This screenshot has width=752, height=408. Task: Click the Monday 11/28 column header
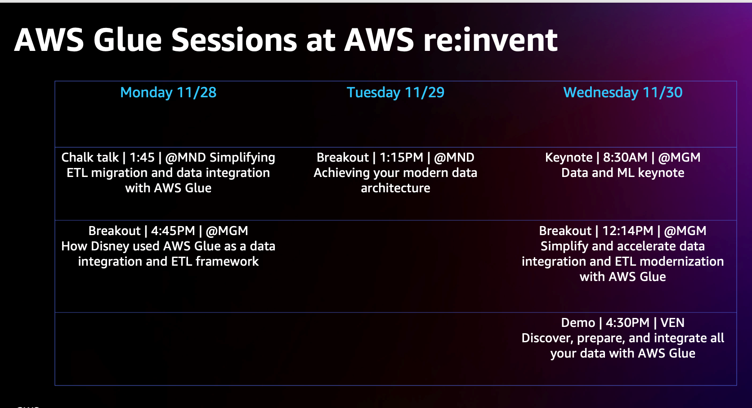tap(168, 92)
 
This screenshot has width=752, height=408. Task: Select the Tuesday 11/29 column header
tap(395, 92)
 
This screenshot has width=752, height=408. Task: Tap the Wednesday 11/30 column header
tap(623, 92)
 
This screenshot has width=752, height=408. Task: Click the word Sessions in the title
tap(234, 40)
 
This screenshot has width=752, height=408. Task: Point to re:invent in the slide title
tap(491, 40)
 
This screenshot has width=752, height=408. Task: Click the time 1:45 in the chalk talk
tap(142, 157)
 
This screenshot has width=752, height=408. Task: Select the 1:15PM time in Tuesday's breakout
tap(401, 157)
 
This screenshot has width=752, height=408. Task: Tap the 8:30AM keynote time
tap(625, 157)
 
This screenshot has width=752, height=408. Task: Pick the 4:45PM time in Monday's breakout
tap(173, 231)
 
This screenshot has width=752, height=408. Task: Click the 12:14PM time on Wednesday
tap(628, 231)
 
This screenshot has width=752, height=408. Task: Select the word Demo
tap(578, 322)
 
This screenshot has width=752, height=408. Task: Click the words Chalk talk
tap(90, 157)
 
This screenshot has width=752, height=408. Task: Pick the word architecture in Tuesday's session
tap(395, 188)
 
